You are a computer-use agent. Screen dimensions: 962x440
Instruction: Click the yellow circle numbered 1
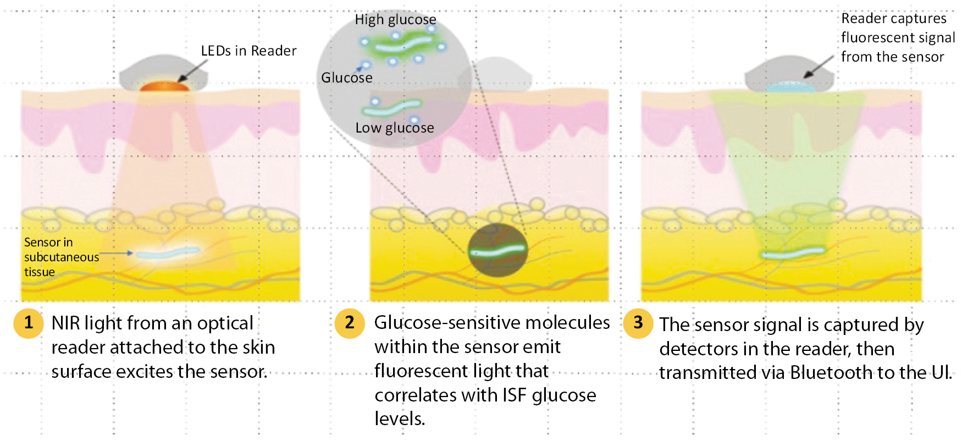click(29, 323)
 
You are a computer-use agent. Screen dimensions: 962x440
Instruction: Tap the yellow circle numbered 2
click(350, 323)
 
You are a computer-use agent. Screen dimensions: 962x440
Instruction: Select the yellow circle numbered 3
click(638, 323)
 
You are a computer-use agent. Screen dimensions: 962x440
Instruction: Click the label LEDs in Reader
click(248, 51)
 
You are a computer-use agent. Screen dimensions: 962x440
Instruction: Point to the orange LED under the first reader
click(164, 86)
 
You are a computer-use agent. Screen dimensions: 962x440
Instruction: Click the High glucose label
click(395, 20)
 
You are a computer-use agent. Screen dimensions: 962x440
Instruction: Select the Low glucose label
click(395, 128)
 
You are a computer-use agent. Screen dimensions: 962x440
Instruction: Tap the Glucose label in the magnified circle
click(347, 78)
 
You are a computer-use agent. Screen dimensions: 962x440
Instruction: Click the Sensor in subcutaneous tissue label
click(62, 257)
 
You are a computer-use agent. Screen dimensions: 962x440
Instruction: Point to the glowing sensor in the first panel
click(167, 253)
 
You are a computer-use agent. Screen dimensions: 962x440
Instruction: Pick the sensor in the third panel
click(793, 253)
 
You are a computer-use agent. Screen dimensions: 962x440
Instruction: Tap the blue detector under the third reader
click(789, 87)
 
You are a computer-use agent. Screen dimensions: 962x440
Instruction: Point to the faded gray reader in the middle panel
click(495, 73)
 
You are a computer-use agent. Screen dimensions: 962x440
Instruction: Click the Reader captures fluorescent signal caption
click(898, 38)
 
